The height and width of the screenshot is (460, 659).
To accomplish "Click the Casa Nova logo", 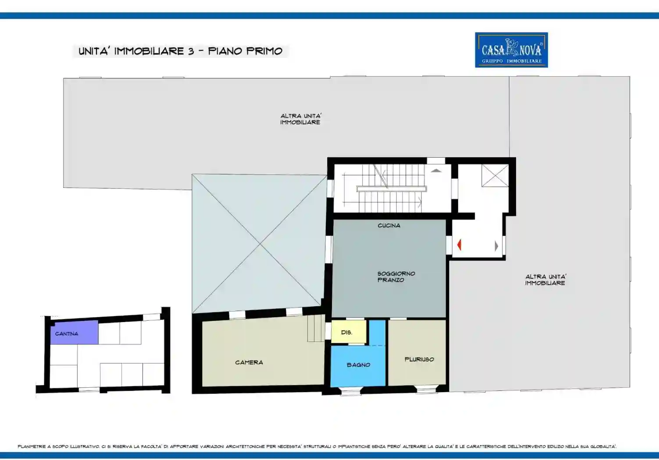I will coord(511,50).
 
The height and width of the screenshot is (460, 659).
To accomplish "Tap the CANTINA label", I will coord(67,334).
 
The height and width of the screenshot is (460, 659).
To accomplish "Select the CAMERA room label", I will coord(249,362).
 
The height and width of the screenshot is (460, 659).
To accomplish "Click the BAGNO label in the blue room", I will coord(358,365).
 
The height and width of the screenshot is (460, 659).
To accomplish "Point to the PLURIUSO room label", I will coord(419,359).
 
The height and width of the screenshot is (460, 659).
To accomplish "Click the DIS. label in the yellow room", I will coord(346,333).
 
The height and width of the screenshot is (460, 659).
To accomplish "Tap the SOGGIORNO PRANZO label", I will coord(396,276).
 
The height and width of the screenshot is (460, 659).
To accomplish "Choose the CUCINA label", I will coord(389,226).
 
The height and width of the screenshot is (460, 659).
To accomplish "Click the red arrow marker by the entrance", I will coord(459,245).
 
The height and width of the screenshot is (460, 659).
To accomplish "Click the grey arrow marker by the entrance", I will coord(496,246).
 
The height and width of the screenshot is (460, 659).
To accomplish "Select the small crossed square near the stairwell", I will coord(495,176).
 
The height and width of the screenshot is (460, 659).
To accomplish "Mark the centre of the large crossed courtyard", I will coord(260,244).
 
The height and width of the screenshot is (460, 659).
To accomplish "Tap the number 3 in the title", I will coord(191,51).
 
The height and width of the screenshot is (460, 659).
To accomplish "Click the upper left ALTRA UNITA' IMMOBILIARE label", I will coord(301,119).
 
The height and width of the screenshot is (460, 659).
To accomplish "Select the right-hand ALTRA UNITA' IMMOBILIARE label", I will coord(545,280).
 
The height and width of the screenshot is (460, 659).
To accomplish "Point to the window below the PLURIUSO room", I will coord(426,389).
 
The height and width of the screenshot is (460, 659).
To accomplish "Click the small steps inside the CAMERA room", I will coord(316,328).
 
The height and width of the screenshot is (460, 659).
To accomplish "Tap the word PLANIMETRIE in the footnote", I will coord(32,446).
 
